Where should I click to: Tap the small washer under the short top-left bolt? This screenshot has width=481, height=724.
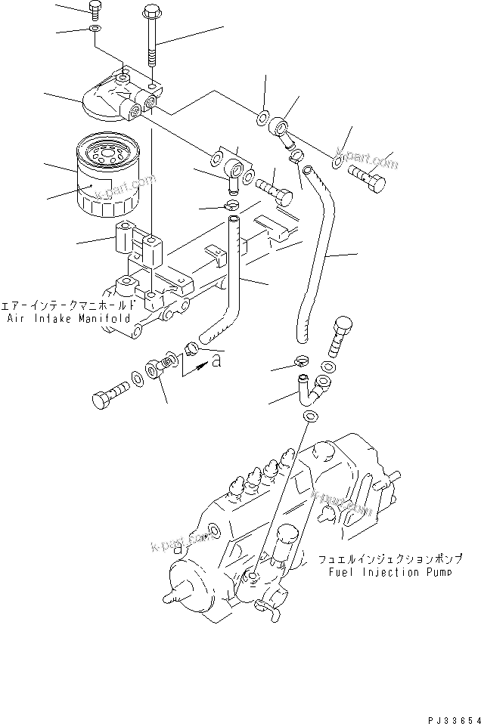pyautogui.click(x=93, y=29)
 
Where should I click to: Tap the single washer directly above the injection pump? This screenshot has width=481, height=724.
pyautogui.click(x=310, y=418)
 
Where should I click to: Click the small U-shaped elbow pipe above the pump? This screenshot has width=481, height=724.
pyautogui.click(x=307, y=387)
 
